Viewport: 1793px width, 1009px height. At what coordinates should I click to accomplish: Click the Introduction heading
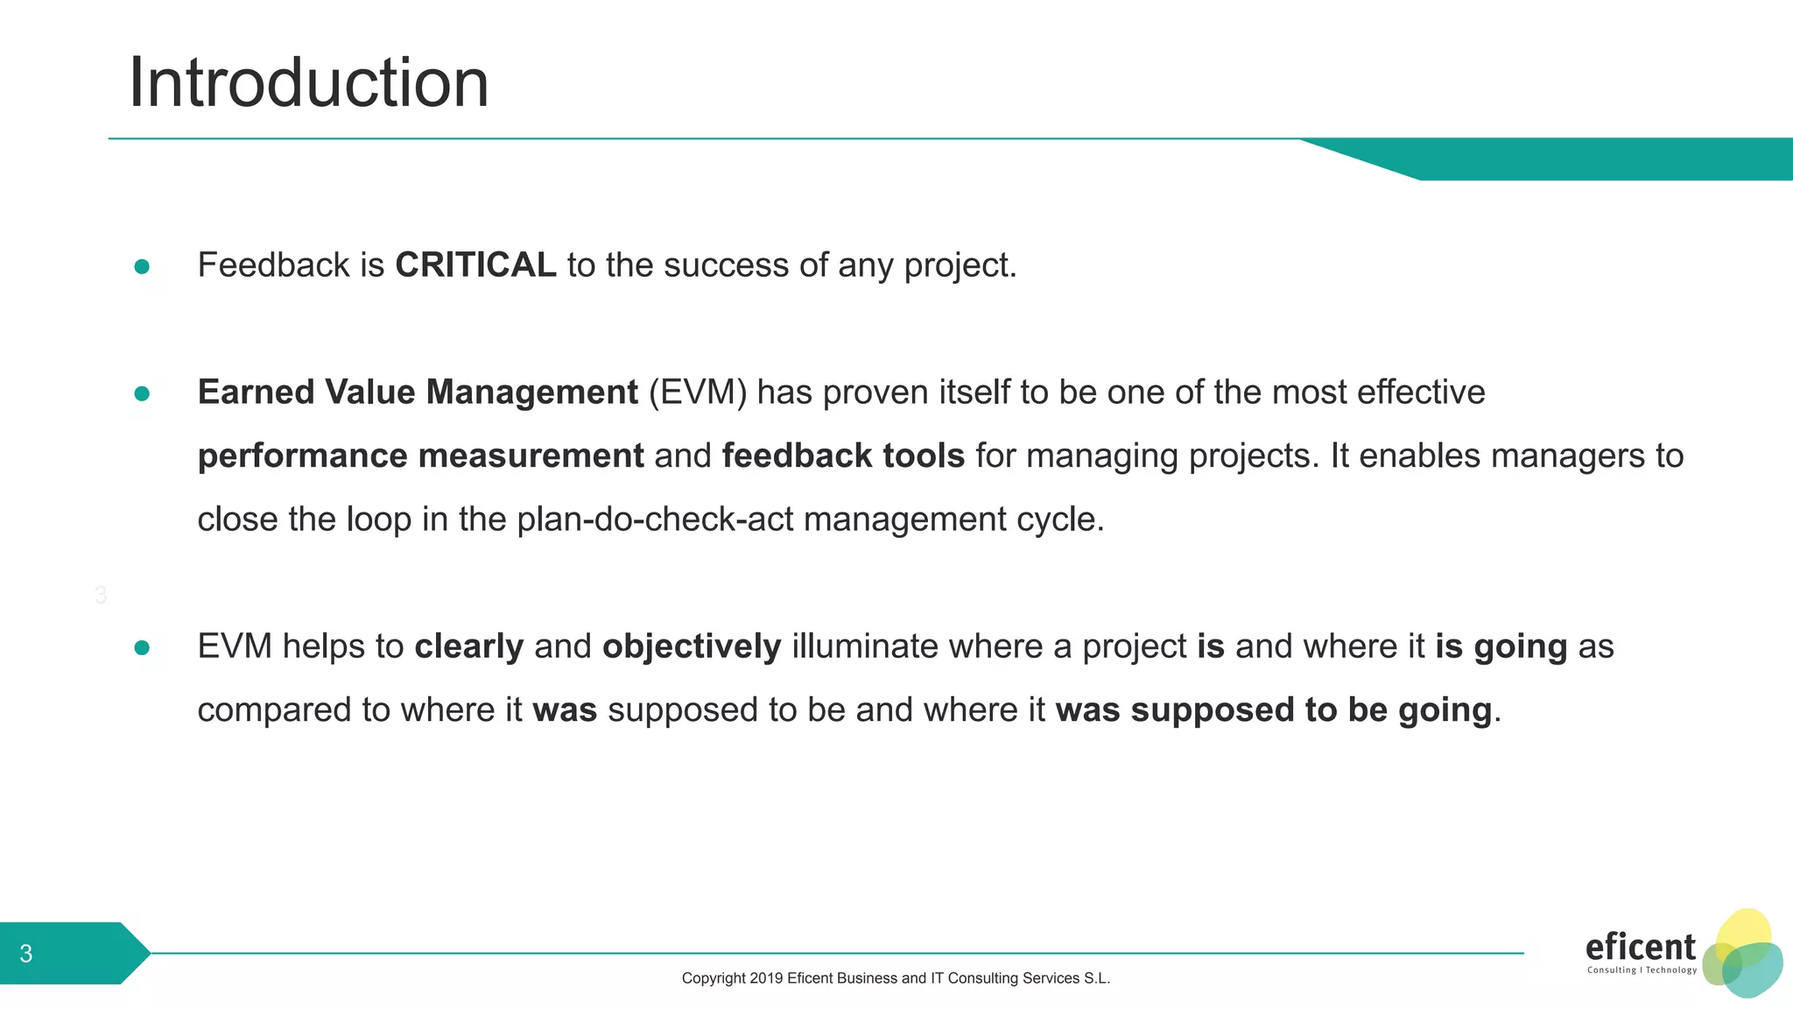pyautogui.click(x=308, y=82)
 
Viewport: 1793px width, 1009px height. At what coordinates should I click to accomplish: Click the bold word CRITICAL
pyautogui.click(x=475, y=265)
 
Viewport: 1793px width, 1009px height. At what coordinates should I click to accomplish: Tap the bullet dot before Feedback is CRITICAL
pyautogui.click(x=142, y=266)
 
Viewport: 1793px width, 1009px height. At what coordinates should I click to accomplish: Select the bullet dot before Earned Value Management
pyautogui.click(x=142, y=394)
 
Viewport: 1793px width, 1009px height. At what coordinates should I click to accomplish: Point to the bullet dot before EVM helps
pyautogui.click(x=142, y=647)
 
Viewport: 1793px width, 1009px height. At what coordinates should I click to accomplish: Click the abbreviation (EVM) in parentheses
pyautogui.click(x=698, y=392)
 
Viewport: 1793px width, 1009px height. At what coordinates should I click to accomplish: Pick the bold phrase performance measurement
pyautogui.click(x=420, y=456)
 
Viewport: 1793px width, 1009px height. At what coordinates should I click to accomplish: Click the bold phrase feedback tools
pyautogui.click(x=843, y=456)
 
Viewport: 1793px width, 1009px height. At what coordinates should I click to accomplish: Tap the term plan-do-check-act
pyautogui.click(x=655, y=519)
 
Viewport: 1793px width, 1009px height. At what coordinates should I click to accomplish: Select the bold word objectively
pyautogui.click(x=692, y=646)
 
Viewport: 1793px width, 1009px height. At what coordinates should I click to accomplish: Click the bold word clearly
pyautogui.click(x=469, y=646)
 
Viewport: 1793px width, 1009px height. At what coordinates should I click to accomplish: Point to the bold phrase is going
pyautogui.click(x=1501, y=646)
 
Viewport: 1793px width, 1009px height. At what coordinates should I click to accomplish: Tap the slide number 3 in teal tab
pyautogui.click(x=26, y=954)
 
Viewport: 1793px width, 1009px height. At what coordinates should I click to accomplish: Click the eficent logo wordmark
pyautogui.click(x=1640, y=947)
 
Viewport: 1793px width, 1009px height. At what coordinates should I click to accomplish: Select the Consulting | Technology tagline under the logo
pyautogui.click(x=1642, y=970)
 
